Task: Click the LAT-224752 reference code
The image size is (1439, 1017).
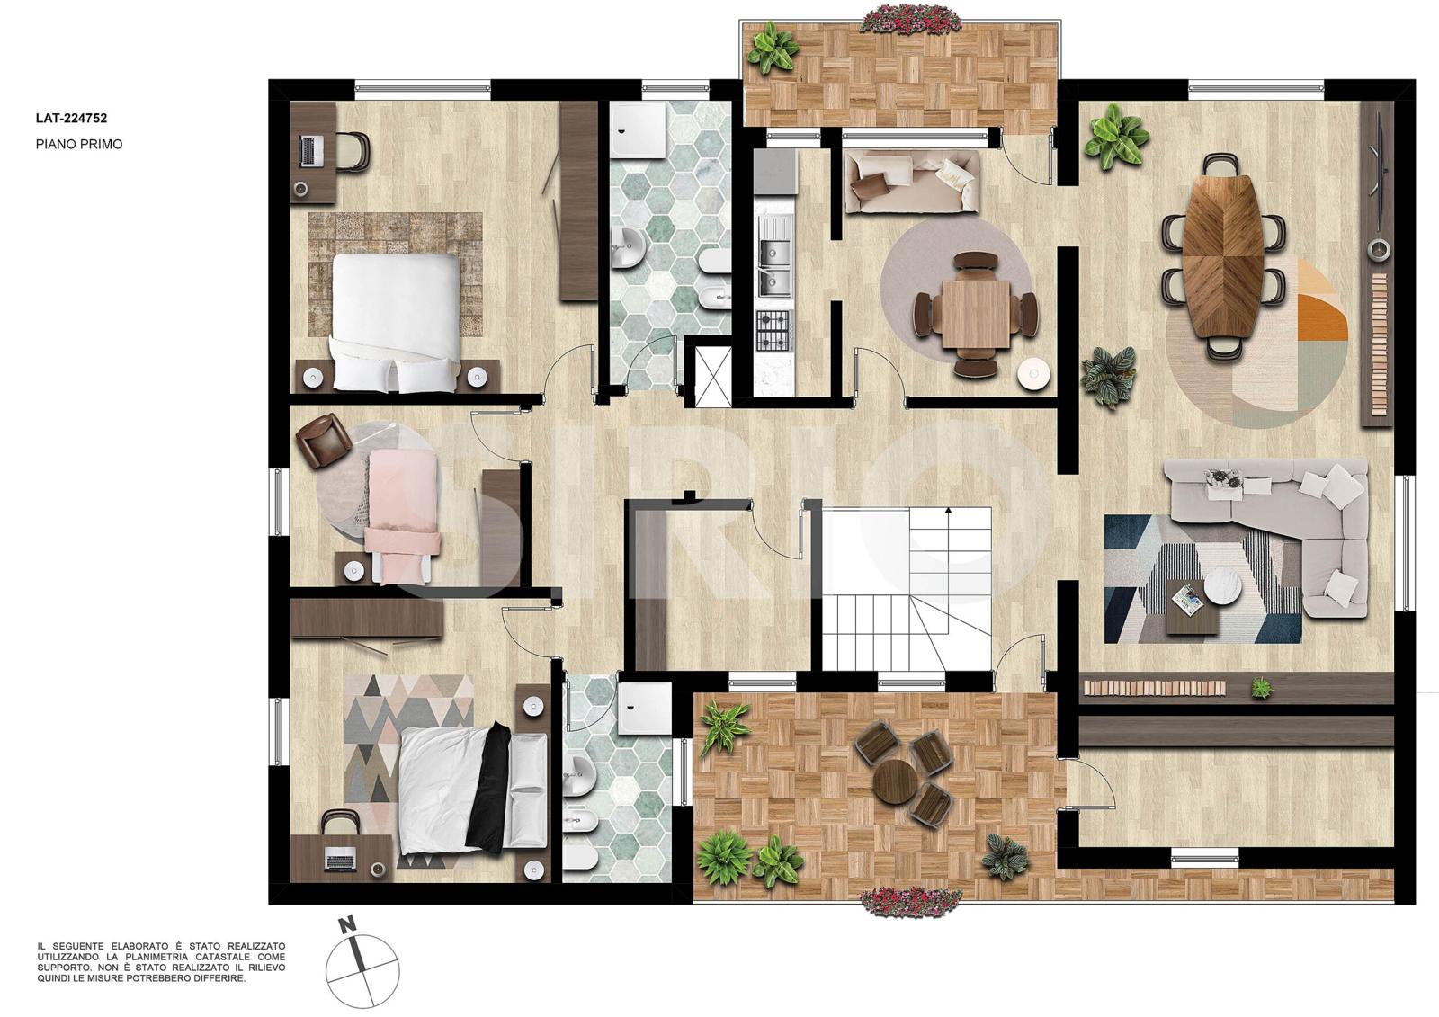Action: click(x=71, y=118)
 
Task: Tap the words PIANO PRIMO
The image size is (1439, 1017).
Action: click(x=79, y=145)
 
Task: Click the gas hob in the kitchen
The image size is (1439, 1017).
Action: click(x=775, y=330)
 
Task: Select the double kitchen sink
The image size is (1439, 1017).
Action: click(x=774, y=256)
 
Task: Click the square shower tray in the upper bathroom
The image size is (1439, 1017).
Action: click(x=639, y=128)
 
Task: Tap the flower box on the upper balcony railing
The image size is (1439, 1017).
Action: click(x=912, y=20)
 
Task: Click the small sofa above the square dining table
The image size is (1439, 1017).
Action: click(x=912, y=181)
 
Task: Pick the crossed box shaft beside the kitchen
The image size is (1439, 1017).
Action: click(x=709, y=376)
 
